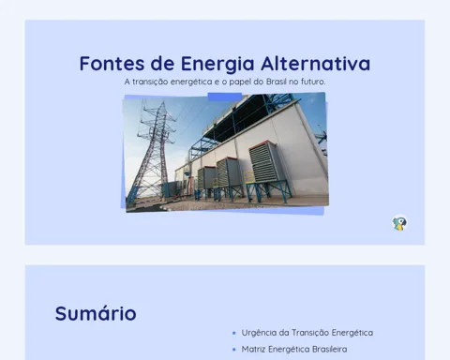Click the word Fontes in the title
[x=112, y=64]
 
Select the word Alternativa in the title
[x=316, y=64]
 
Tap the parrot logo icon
[x=399, y=223]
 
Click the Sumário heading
[x=96, y=313]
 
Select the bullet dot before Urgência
[x=234, y=333]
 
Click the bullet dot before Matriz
[x=234, y=350]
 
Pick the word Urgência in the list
[x=259, y=333]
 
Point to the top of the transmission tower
[x=162, y=102]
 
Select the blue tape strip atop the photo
[x=225, y=97]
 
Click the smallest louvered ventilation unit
[x=206, y=177]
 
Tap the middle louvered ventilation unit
[x=229, y=172]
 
